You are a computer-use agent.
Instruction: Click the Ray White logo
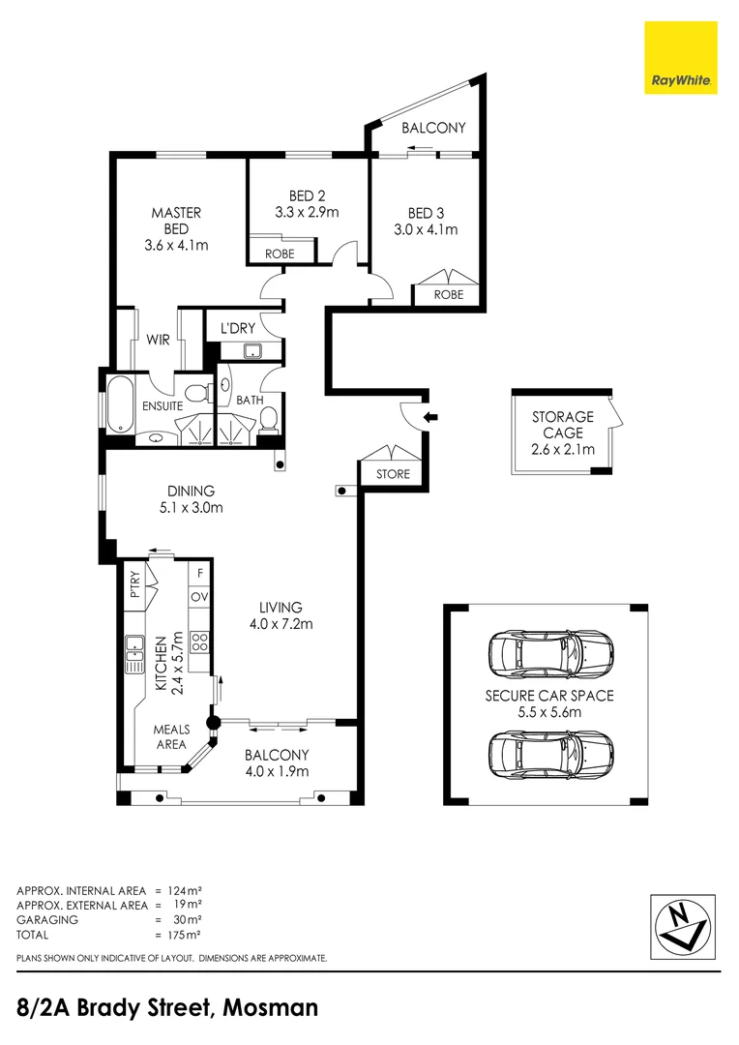(681, 58)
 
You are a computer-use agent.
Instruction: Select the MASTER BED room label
(175, 221)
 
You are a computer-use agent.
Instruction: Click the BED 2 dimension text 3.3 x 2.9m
(308, 212)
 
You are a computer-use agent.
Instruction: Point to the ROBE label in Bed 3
(448, 294)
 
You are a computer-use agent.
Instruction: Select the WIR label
(159, 341)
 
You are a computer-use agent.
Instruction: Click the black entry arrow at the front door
(431, 418)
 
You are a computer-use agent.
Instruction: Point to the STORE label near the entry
(393, 474)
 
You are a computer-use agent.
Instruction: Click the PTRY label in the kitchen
(134, 586)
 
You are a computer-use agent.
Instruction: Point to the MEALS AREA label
(170, 736)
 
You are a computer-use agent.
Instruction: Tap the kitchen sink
(133, 655)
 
